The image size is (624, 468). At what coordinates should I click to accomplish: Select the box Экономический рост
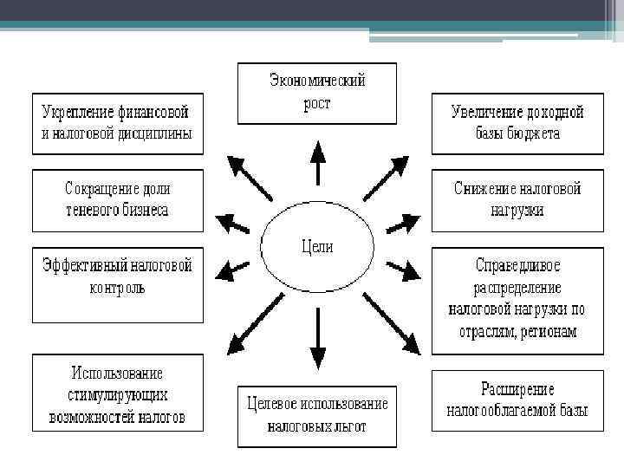click(317, 93)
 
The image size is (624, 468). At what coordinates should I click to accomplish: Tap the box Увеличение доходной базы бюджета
click(517, 123)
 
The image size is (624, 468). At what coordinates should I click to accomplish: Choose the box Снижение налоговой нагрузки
click(517, 199)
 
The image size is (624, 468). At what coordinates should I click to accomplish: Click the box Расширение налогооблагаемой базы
click(517, 400)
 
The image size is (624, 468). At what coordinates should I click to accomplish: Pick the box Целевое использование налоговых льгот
click(317, 415)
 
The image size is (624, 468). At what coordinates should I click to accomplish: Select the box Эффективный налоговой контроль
click(117, 285)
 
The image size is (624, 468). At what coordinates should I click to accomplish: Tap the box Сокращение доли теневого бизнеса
click(117, 199)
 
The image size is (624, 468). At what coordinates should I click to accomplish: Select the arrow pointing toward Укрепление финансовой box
click(248, 177)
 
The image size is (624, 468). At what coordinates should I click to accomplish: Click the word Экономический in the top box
click(317, 81)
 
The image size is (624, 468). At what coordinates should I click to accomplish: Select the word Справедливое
click(517, 264)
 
